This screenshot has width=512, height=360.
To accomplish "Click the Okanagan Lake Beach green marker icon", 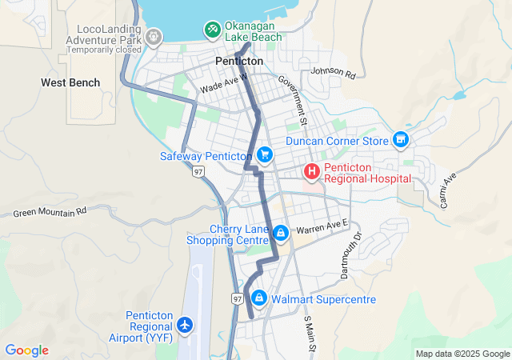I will pos(212,30).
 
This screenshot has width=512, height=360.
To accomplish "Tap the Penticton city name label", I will pos(239,61).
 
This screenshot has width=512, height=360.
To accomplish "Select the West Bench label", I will pos(71,82).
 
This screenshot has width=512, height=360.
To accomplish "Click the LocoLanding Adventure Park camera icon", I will pos(154,36).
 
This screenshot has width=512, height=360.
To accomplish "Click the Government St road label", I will pos(294,100).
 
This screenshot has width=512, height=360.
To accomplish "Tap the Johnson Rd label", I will pos(333,72).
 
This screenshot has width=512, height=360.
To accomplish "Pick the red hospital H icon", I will pos(311,171).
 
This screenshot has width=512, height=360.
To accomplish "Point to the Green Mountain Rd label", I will pos(49,214).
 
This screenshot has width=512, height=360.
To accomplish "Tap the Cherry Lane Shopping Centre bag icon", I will pos(281,233).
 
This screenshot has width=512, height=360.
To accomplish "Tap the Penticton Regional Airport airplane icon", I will pos(186,325).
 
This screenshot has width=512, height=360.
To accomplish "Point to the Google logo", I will pos(27,350).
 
